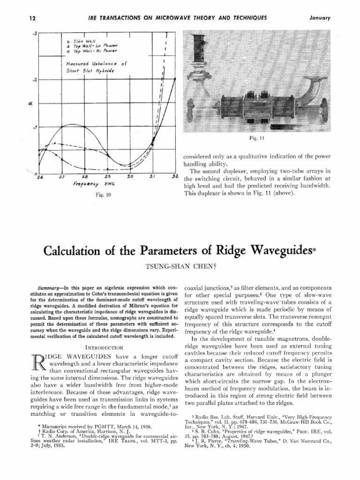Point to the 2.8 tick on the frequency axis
(x=85, y=177)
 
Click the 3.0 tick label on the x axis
(x=130, y=177)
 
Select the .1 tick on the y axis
(x=34, y=127)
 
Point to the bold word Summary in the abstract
(x=49, y=286)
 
